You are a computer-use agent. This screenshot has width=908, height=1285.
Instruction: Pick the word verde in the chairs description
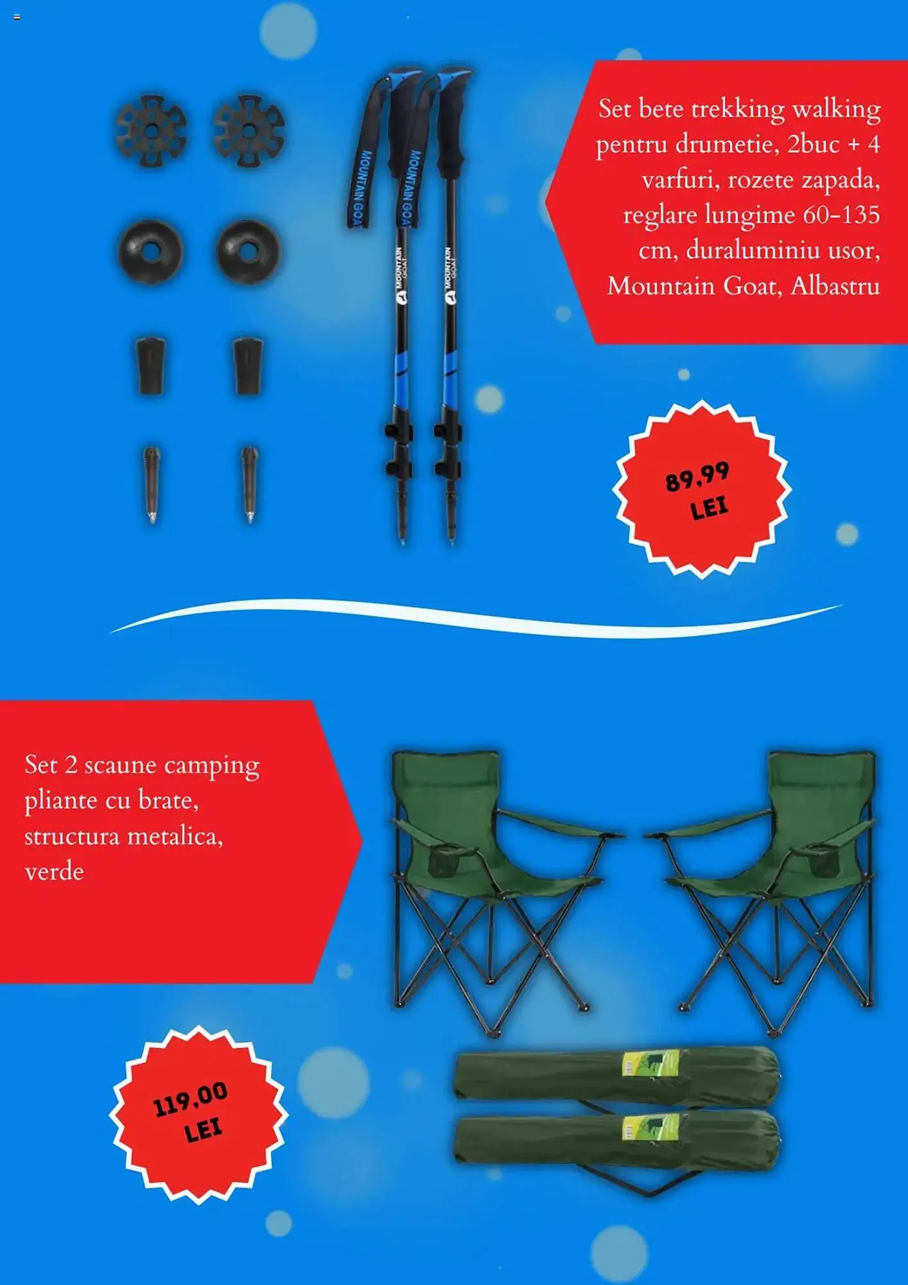pyautogui.click(x=54, y=872)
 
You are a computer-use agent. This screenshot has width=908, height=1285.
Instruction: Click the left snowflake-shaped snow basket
pyautogui.click(x=152, y=130)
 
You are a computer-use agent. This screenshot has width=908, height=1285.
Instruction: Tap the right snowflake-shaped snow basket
pyautogui.click(x=249, y=130)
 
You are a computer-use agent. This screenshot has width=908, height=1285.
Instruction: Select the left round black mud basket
pyautogui.click(x=150, y=252)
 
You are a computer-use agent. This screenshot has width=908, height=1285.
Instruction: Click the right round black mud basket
pyautogui.click(x=249, y=252)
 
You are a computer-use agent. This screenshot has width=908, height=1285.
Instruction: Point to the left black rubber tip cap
pyautogui.click(x=151, y=366)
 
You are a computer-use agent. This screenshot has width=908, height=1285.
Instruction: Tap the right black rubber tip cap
pyautogui.click(x=248, y=366)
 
